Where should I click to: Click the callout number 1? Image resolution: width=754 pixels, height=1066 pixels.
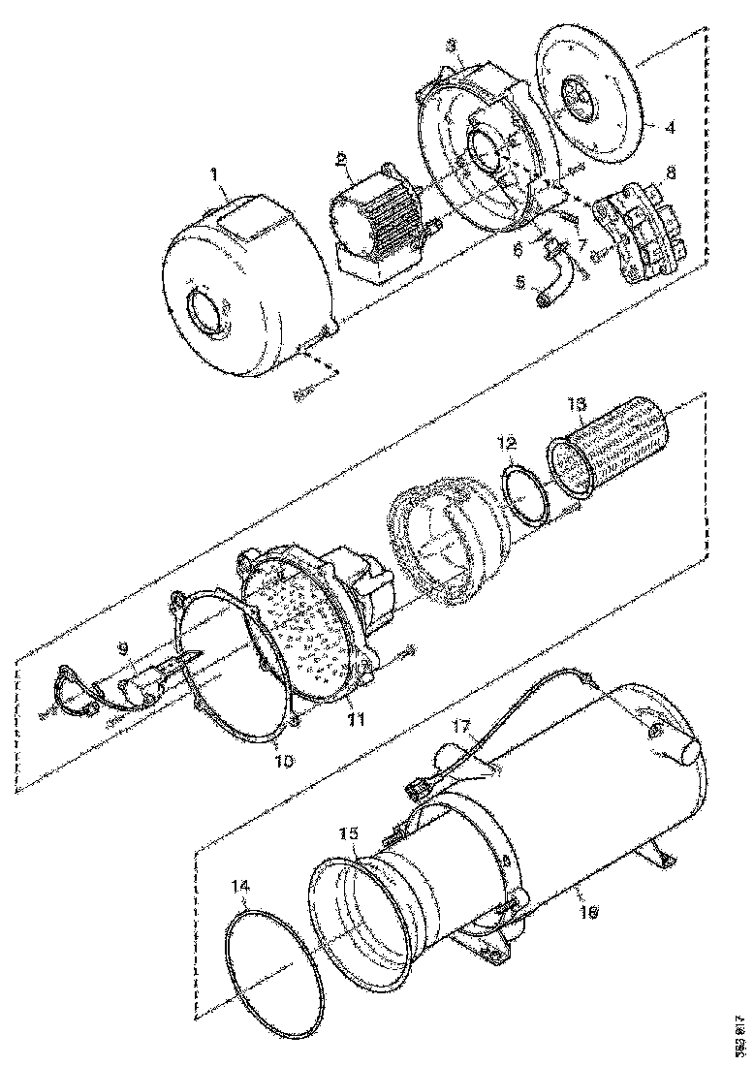(x=218, y=177)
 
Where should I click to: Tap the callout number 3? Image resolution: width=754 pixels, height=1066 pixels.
(x=452, y=46)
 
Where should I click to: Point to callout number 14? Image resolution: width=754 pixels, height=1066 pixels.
(x=241, y=886)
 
